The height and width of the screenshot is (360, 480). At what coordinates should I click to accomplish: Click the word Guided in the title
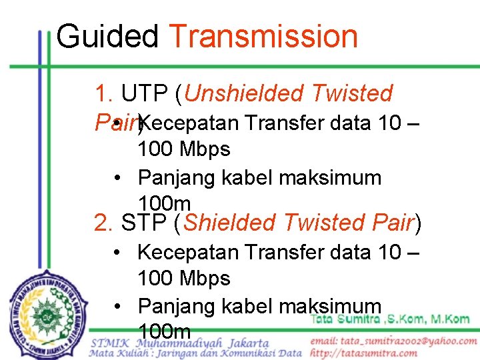pos(107,37)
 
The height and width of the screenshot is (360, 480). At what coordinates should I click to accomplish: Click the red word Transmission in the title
pos(263,37)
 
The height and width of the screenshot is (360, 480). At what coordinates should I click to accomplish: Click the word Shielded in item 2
pos(229,222)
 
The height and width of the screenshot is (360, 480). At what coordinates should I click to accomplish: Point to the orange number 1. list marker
pos(105,94)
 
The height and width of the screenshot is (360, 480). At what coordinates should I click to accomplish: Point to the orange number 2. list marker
pos(105,222)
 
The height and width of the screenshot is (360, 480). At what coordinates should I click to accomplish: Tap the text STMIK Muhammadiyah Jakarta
pos(180,343)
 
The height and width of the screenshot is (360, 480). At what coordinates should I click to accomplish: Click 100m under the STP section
pos(164,331)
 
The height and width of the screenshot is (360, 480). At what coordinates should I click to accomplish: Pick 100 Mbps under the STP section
pos(183,278)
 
